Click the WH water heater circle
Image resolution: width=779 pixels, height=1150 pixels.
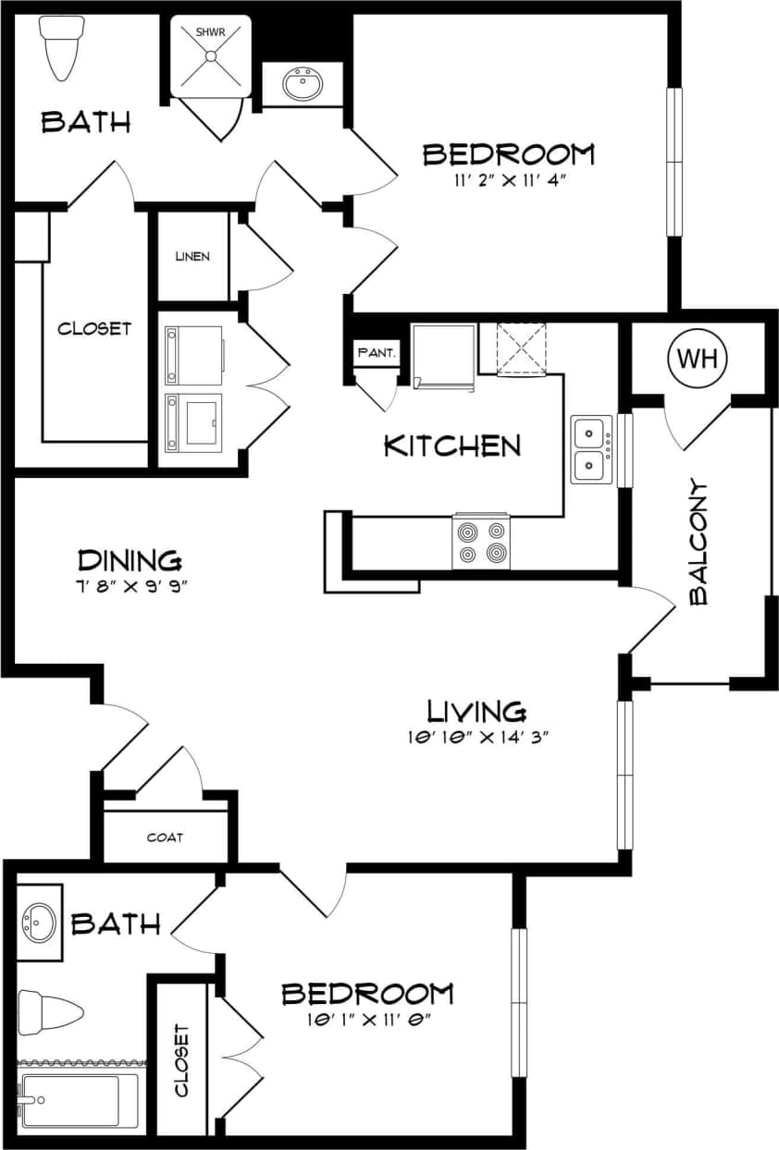point(698,359)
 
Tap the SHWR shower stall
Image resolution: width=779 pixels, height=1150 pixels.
point(211,55)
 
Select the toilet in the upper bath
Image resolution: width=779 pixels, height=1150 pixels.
point(62,48)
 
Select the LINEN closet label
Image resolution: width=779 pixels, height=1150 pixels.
point(192,256)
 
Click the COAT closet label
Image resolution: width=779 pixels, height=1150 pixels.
point(165,838)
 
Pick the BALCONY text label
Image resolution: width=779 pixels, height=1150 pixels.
point(699,543)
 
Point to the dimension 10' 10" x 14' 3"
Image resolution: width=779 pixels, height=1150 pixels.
point(476,737)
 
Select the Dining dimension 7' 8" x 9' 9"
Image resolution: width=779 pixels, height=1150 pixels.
point(129,585)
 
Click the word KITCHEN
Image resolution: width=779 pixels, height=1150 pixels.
point(451,446)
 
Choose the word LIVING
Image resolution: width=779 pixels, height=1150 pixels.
point(476,711)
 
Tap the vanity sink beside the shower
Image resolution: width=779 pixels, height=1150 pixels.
point(302,86)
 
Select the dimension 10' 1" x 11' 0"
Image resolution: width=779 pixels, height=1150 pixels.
point(366,1020)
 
